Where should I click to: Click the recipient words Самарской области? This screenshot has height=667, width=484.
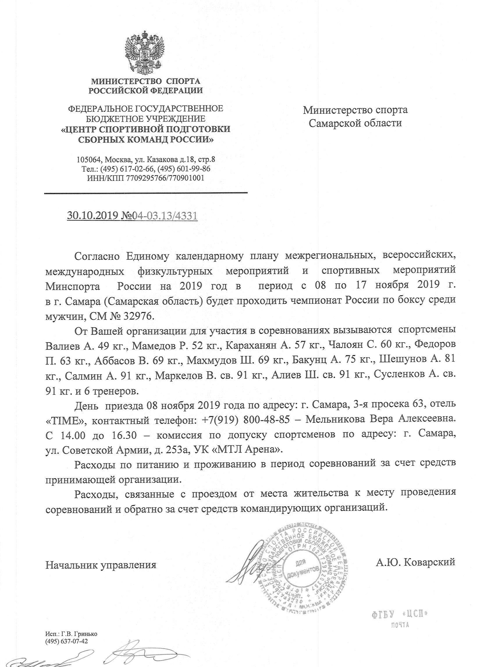355,123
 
